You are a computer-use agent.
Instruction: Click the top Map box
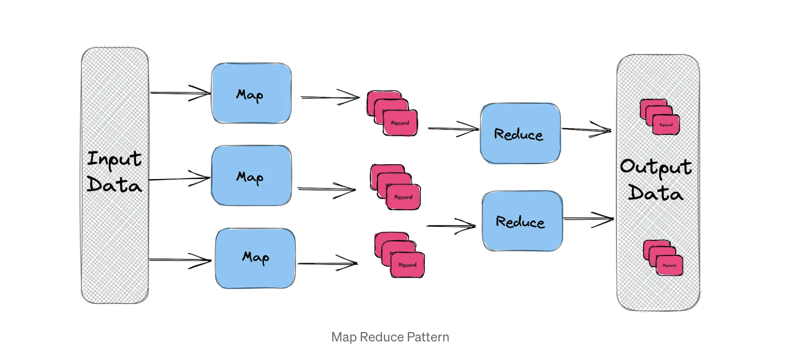click(x=251, y=93)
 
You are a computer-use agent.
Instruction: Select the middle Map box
click(x=251, y=176)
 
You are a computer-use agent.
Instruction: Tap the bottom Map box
click(x=255, y=258)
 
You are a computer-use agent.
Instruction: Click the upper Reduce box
click(x=520, y=133)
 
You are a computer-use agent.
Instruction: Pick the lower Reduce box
click(x=522, y=221)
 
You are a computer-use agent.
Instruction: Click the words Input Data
click(x=114, y=172)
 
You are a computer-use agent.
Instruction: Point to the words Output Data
click(x=656, y=180)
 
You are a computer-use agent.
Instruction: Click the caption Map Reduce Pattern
click(x=390, y=337)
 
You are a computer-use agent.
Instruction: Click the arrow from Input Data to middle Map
click(x=179, y=179)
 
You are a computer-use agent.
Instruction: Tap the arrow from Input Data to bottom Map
click(x=180, y=260)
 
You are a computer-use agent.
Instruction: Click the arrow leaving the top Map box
click(x=330, y=97)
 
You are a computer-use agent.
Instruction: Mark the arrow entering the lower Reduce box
click(x=451, y=226)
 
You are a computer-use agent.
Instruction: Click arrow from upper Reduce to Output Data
click(x=586, y=130)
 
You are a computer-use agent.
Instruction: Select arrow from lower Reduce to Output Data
click(x=589, y=218)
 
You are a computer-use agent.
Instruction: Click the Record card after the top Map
click(x=400, y=122)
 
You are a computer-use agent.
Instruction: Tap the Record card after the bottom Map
click(x=407, y=264)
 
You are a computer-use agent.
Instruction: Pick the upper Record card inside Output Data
click(x=665, y=125)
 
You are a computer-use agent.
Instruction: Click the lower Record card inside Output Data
click(x=669, y=265)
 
